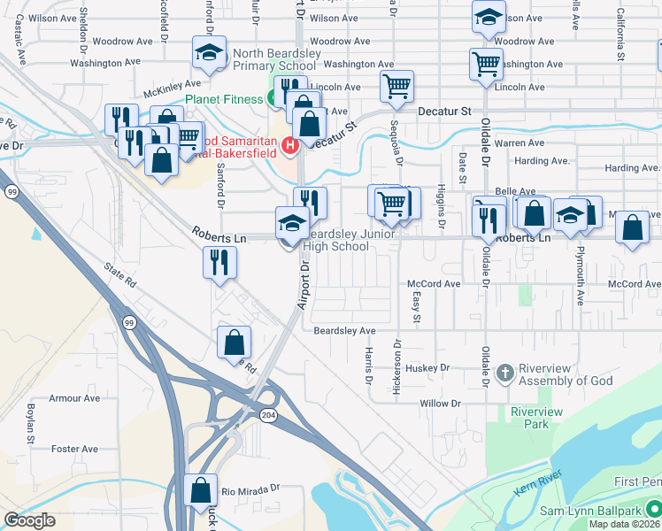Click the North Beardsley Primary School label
274,59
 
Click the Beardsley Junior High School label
336,240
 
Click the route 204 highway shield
267,414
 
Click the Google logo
29,520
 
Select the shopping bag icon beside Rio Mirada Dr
201,489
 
